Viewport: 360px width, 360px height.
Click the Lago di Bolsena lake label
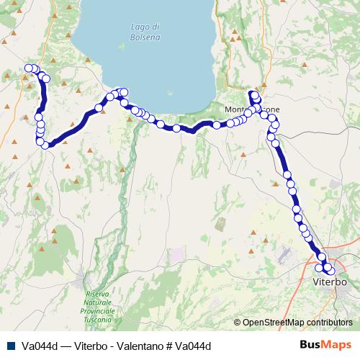click(145, 32)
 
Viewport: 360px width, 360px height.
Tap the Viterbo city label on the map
click(330, 282)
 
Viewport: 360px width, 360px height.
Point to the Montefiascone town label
click(253, 109)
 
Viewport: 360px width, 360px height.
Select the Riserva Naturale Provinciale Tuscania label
click(99, 306)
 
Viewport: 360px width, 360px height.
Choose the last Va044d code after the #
click(196, 346)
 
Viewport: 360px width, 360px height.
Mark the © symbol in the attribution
click(237, 323)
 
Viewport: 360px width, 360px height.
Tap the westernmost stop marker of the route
click(28, 68)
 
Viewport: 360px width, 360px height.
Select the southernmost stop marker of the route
click(330, 271)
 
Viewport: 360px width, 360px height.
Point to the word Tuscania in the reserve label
click(99, 318)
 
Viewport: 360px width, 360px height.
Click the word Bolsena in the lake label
click(145, 37)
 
